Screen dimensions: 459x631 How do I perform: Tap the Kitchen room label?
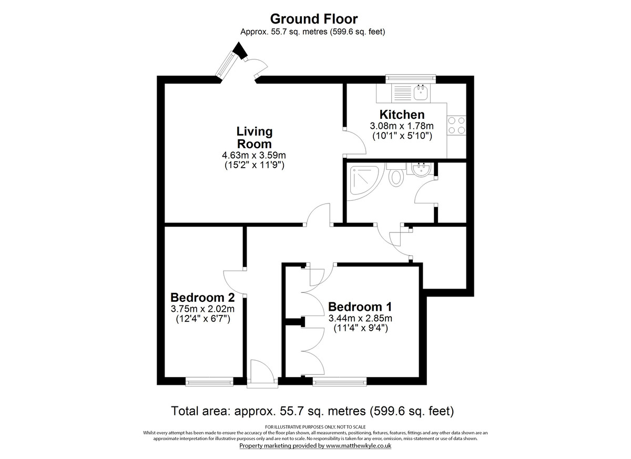coord(402,115)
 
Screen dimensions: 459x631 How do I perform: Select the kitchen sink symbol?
coord(420,94)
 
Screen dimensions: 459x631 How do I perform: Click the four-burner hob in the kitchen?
coord(456,126)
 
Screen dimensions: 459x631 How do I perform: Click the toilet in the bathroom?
coord(395,176)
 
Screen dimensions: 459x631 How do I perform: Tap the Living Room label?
coord(254,137)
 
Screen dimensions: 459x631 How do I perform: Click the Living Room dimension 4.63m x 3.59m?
coord(254,156)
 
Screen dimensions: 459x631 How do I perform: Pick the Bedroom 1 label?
coord(360,307)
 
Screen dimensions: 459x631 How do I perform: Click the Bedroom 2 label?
coord(202,296)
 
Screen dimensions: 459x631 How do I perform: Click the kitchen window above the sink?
coord(411,79)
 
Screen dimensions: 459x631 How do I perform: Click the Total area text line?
coord(312,410)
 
